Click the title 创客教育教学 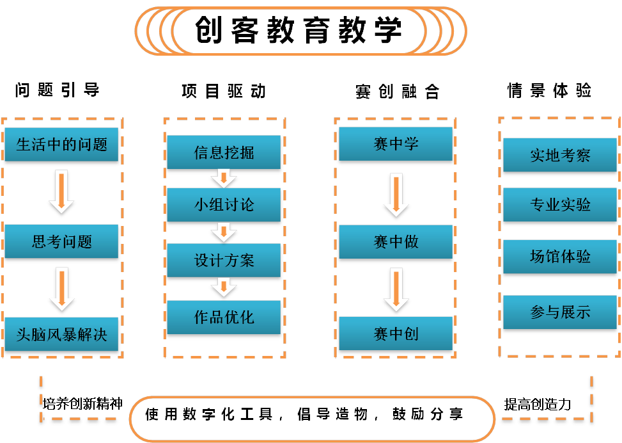pos(299,30)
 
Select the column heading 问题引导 pos(58,90)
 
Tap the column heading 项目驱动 pos(224,92)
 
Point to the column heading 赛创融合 pos(397,92)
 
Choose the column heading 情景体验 pos(549,90)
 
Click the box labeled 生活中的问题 pos(61,145)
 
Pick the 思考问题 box pos(61,241)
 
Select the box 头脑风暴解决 pos(61,334)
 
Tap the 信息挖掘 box pos(224,152)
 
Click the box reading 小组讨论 pos(224,205)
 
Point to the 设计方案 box pos(224,261)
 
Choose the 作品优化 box pos(224,317)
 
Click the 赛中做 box pos(396,241)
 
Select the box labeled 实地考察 pos(560,156)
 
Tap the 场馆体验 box pos(560,257)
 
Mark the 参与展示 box pos(560,312)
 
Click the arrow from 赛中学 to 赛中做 pos(396,195)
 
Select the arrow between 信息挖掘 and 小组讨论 pos(224,177)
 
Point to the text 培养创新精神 pos(82,403)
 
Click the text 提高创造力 pos(537,404)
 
